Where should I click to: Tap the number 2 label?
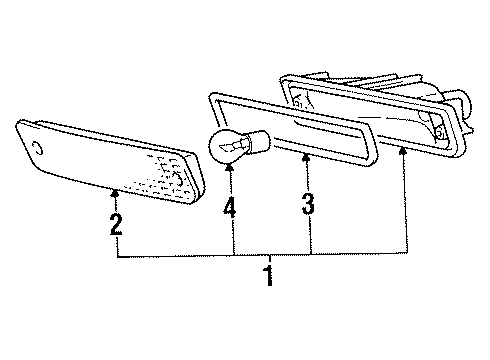(117, 221)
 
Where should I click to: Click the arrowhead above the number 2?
(117, 189)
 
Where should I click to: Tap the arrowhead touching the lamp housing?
(404, 149)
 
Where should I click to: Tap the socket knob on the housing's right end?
(463, 100)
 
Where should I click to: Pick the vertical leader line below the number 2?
(117, 245)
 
